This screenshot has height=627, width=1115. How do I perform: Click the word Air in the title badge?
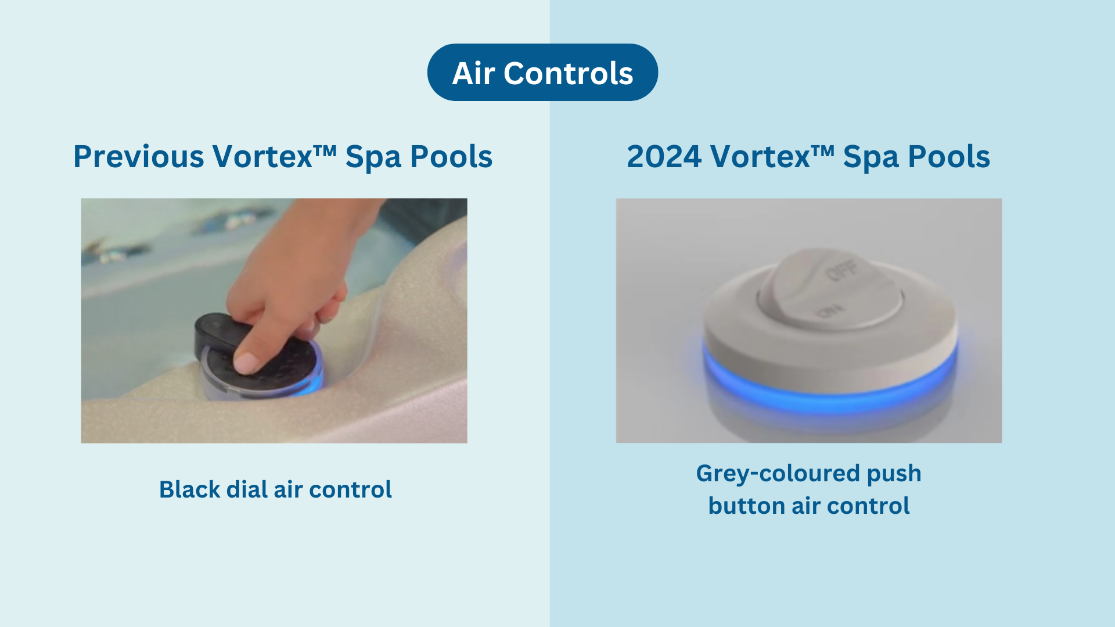pyautogui.click(x=473, y=74)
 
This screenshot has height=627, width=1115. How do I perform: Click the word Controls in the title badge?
pyautogui.click(x=568, y=74)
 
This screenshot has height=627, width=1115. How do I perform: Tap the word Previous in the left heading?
pyautogui.click(x=138, y=157)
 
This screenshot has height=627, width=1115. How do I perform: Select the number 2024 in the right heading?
pyautogui.click(x=664, y=157)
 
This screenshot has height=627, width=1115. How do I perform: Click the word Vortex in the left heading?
pyautogui.click(x=262, y=157)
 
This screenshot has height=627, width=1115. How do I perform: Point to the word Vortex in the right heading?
pyautogui.click(x=760, y=157)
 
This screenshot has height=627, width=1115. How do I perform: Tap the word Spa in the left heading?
pyautogui.click(x=373, y=157)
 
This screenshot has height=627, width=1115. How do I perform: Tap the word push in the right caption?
pyautogui.click(x=894, y=474)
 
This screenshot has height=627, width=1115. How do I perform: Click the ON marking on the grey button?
pyautogui.click(x=828, y=311)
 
